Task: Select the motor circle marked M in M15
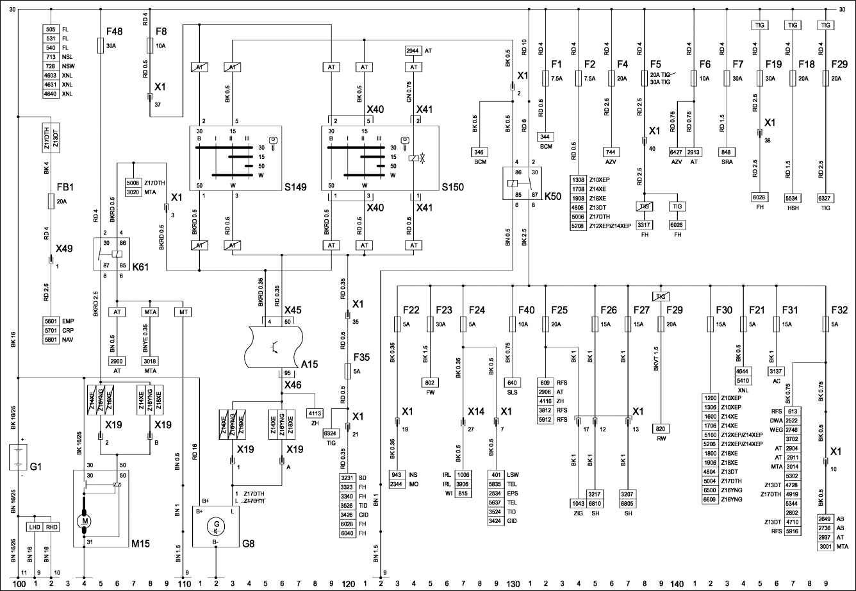(x=85, y=520)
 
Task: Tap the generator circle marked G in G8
(x=216, y=529)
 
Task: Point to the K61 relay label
(x=140, y=266)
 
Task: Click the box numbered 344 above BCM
(x=545, y=137)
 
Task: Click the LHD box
(x=35, y=527)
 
